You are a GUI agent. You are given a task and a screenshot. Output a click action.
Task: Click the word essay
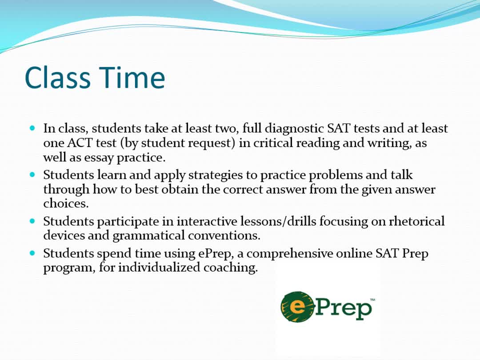99,158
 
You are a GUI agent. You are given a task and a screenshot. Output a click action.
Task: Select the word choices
66,203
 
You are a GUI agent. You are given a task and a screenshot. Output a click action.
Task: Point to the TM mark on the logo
372,300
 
